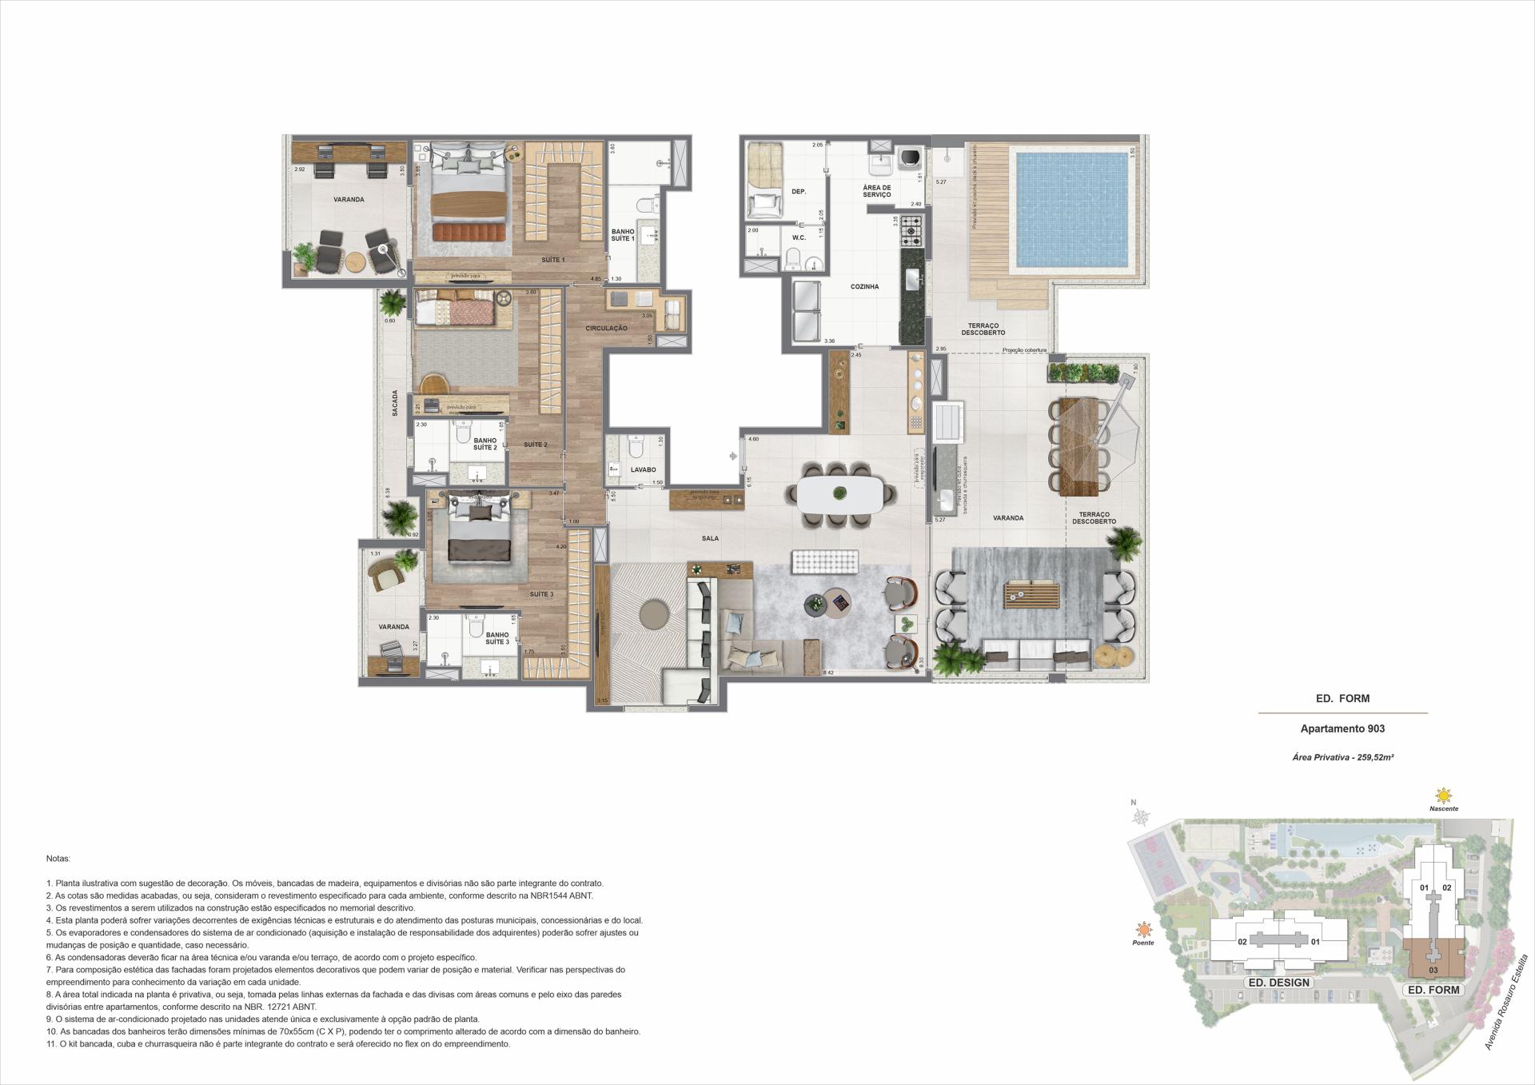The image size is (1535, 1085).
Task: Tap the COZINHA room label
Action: tap(864, 286)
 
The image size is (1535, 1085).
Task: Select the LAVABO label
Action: tap(643, 470)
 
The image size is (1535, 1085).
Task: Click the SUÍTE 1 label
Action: tap(552, 260)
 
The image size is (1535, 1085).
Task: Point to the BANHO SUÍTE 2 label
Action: tap(484, 445)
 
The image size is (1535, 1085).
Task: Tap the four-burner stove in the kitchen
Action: tap(911, 232)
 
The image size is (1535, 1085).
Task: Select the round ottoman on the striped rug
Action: tap(655, 614)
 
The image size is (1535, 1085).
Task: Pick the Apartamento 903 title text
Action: tap(1342, 728)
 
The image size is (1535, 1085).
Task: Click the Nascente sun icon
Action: tap(1443, 796)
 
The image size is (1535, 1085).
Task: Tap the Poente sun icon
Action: tap(1144, 930)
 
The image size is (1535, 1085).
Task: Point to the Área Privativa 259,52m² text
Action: tap(1342, 756)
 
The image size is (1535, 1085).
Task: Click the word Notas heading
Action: tap(58, 858)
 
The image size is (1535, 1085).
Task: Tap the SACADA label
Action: tap(395, 404)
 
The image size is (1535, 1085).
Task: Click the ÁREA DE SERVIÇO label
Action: tap(876, 191)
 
